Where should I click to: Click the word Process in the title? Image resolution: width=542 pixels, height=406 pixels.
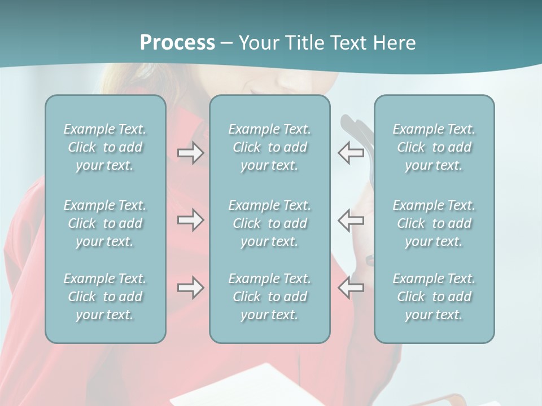point(177,43)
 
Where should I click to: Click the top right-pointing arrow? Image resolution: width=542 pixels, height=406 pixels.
point(190,153)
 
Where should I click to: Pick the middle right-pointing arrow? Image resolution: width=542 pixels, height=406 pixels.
point(190,220)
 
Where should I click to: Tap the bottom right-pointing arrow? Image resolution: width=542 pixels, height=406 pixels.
point(190,288)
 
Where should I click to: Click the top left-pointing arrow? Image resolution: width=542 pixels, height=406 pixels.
point(351,153)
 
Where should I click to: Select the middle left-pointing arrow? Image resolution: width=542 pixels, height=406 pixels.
point(351,220)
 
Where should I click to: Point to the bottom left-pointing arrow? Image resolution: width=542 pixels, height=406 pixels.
point(351,288)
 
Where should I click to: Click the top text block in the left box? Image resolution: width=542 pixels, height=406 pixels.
point(105,147)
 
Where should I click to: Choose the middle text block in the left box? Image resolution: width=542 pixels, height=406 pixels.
point(105,223)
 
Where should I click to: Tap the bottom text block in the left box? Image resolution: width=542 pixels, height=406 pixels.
point(105,297)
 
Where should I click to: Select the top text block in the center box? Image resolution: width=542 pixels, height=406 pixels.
point(269,147)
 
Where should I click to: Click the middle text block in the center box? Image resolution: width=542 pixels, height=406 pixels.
point(269,223)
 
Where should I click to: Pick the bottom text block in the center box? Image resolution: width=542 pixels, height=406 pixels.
point(269,297)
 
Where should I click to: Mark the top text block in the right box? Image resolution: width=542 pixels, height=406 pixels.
point(434,147)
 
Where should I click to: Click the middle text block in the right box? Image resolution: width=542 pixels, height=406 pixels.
point(434,223)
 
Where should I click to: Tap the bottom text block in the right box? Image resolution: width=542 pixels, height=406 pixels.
point(434,297)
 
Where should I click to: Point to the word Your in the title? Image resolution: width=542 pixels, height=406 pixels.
point(257,43)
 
